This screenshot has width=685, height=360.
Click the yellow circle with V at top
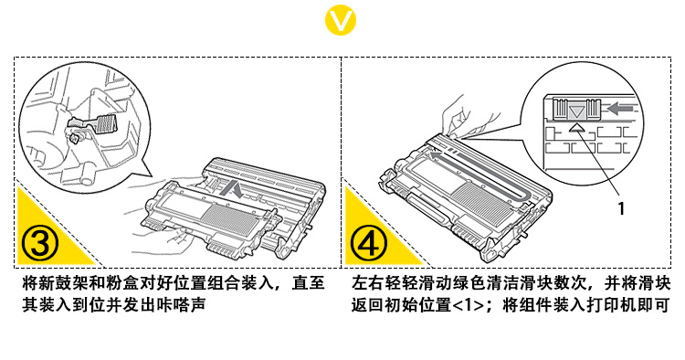(341, 20)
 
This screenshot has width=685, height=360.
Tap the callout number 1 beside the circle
(621, 208)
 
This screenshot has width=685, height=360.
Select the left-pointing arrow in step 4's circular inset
(619, 108)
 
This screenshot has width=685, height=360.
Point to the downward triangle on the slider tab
(576, 112)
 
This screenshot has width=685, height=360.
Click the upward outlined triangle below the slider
(576, 127)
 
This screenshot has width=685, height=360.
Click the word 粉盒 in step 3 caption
(121, 283)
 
